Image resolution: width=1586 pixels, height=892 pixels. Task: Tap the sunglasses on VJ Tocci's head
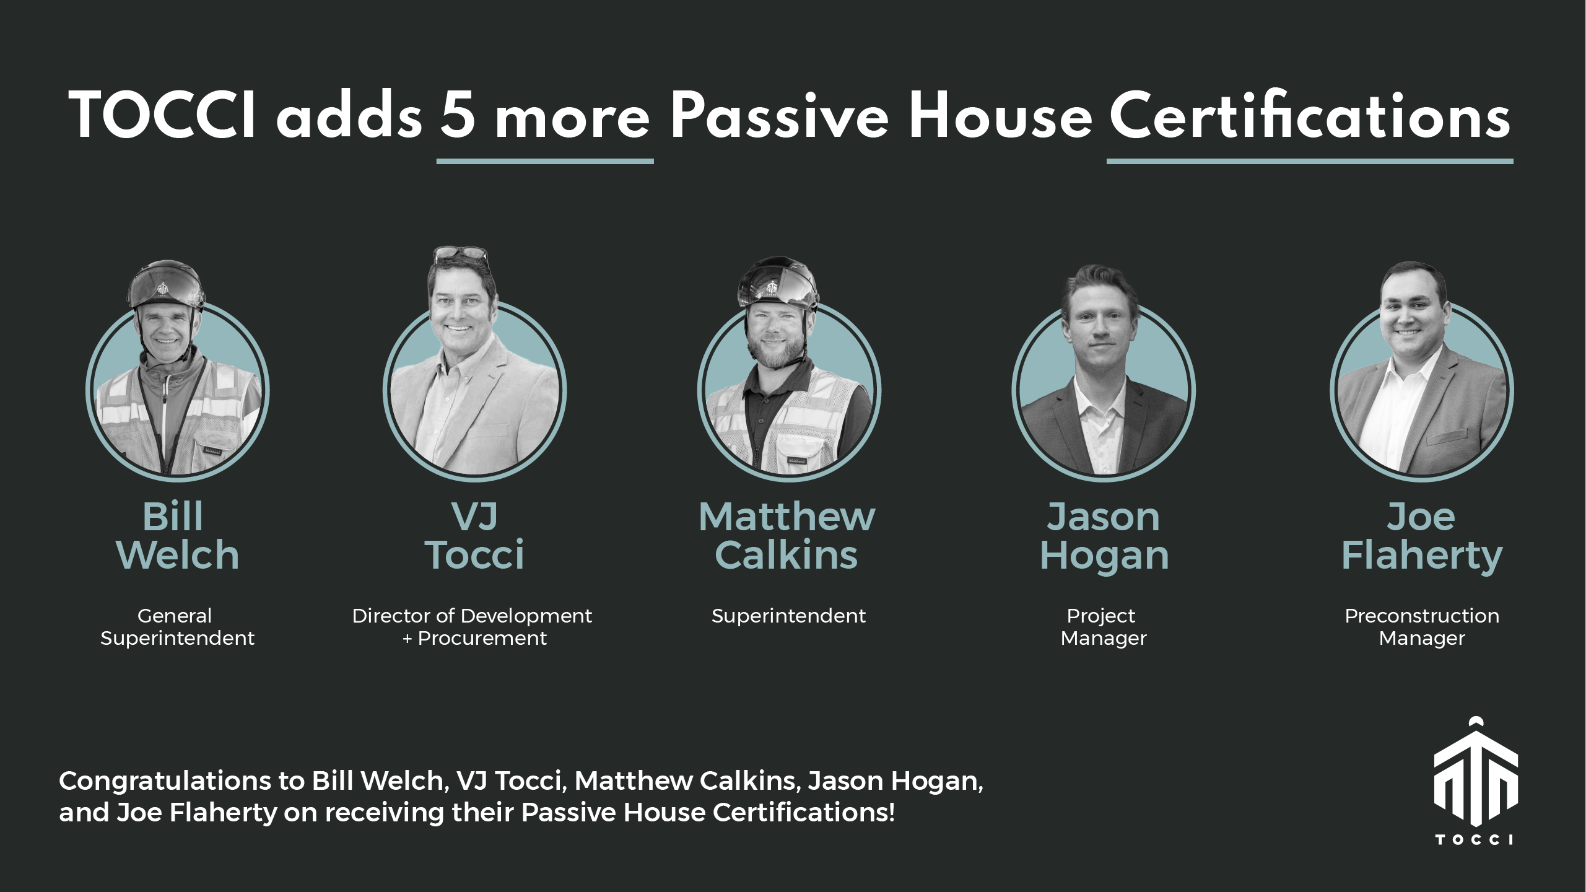click(x=461, y=253)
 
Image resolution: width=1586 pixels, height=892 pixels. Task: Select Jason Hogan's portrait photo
click(x=1104, y=372)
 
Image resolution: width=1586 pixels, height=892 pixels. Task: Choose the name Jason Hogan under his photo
click(x=1104, y=536)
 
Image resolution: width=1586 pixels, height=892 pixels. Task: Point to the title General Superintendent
click(x=177, y=627)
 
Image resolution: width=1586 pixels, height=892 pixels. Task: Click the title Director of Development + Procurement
click(x=473, y=627)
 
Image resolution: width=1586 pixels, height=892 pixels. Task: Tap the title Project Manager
click(x=1104, y=627)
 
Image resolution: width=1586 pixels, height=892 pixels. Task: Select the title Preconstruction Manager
click(x=1422, y=627)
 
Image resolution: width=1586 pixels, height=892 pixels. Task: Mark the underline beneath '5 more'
click(x=545, y=161)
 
